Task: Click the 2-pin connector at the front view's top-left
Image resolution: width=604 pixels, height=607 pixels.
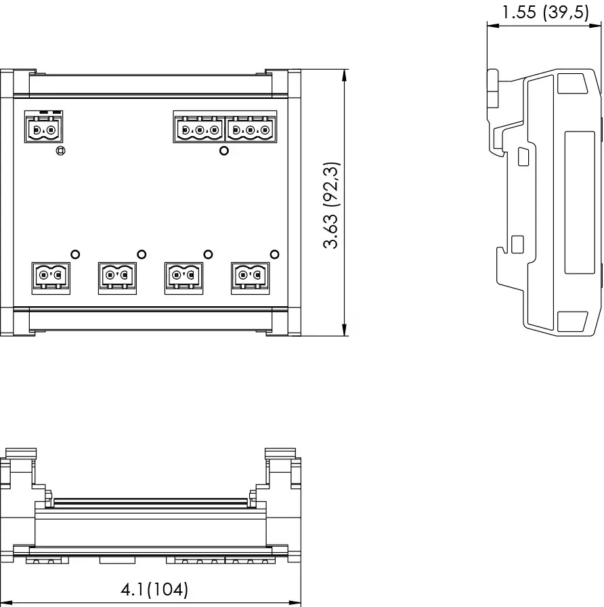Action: pyautogui.click(x=43, y=127)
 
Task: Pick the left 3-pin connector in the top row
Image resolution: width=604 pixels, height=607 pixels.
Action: pyautogui.click(x=199, y=128)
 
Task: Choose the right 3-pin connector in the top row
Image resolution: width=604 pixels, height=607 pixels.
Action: pyautogui.click(x=251, y=128)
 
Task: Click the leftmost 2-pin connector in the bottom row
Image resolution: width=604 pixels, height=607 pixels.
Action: pyautogui.click(x=51, y=277)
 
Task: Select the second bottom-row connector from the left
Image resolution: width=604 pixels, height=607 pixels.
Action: pyautogui.click(x=117, y=277)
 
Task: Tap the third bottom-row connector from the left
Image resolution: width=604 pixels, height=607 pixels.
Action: pyautogui.click(x=184, y=277)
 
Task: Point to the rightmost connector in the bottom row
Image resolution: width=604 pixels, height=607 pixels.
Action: pyautogui.click(x=250, y=277)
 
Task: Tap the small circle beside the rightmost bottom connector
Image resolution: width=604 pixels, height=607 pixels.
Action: pyautogui.click(x=274, y=254)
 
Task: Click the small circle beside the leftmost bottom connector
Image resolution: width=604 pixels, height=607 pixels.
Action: pyautogui.click(x=75, y=254)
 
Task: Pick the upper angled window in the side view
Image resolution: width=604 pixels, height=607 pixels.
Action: pyautogui.click(x=572, y=83)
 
